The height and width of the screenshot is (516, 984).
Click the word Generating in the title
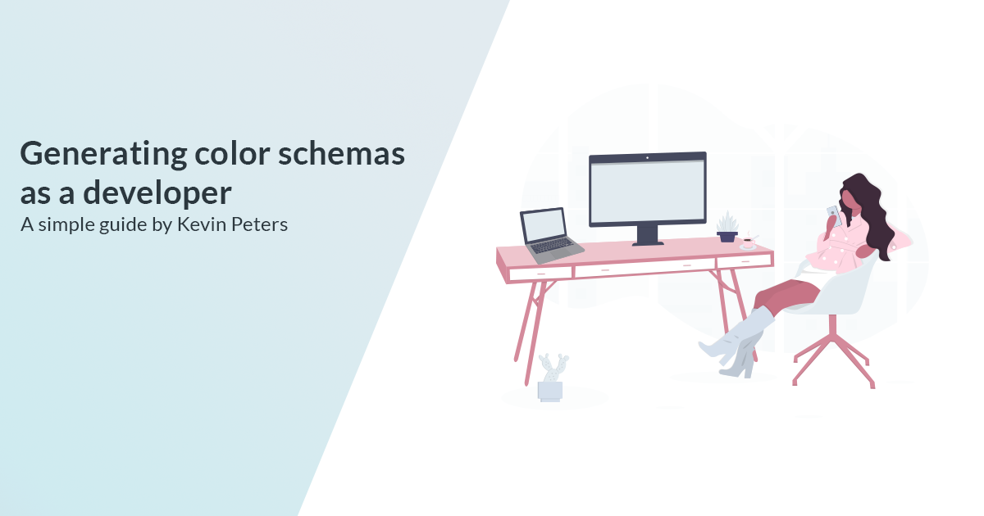103,156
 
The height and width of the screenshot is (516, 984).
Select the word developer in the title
157,193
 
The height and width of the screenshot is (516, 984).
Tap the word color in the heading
232,154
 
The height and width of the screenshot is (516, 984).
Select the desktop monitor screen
648,192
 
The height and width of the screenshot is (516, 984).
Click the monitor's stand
648,236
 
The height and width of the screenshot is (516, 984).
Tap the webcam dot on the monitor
647,157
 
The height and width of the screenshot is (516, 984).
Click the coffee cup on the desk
748,242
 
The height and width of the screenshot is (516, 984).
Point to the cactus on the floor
552,378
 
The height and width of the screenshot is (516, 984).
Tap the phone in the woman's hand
834,215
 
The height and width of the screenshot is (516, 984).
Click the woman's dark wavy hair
870,210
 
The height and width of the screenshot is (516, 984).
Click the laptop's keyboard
552,246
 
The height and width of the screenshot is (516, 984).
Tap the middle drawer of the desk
645,268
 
